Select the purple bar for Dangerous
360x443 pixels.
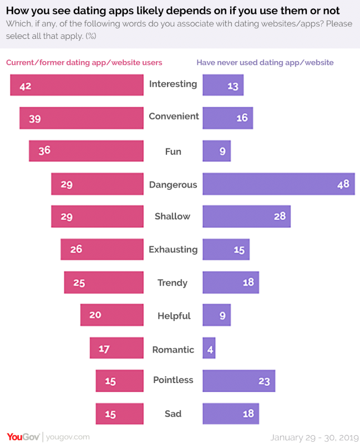point(278,184)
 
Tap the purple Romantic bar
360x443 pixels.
point(209,348)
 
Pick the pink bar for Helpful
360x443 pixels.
point(112,315)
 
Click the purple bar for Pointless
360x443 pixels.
point(239,381)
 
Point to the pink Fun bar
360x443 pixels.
point(86,150)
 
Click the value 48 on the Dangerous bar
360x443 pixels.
point(343,184)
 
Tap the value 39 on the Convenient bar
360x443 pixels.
point(34,118)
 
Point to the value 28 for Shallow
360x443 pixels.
point(279,216)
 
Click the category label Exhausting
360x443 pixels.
point(173,249)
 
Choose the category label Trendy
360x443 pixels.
point(173,283)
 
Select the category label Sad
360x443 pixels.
point(173,414)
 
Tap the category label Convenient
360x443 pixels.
point(174,117)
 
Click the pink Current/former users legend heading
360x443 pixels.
point(84,63)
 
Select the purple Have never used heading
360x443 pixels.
point(265,63)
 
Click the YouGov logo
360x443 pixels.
point(23,436)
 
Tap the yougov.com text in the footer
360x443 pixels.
point(67,437)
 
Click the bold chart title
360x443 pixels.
point(173,11)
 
